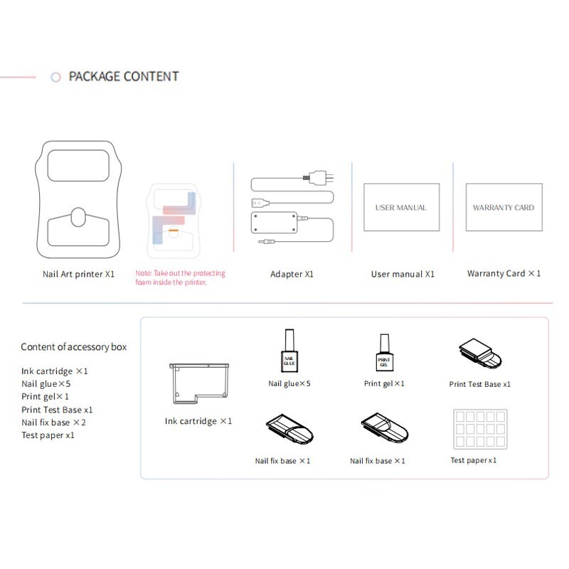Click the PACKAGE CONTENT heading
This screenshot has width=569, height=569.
click(x=124, y=77)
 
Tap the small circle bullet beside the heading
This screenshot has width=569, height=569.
click(x=55, y=77)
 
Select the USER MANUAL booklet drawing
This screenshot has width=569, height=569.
click(x=401, y=207)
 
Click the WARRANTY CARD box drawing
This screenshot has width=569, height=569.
click(x=504, y=207)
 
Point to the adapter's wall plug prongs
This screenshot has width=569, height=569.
click(x=329, y=178)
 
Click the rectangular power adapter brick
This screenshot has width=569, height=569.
click(x=275, y=223)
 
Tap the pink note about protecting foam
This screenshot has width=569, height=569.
click(x=181, y=277)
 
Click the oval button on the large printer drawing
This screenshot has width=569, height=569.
click(x=78, y=217)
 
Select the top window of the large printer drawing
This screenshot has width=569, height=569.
click(x=78, y=166)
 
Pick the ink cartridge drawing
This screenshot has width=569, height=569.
click(x=199, y=383)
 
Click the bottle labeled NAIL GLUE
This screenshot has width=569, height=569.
click(x=289, y=351)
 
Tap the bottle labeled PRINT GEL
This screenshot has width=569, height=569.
click(x=384, y=352)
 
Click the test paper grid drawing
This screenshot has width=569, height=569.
click(x=480, y=430)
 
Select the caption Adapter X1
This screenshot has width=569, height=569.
click(x=292, y=275)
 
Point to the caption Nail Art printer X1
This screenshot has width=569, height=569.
click(x=78, y=275)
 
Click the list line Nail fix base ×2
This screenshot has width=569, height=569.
click(x=54, y=422)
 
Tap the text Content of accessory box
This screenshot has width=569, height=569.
click(x=74, y=347)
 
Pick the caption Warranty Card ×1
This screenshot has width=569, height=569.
click(x=504, y=274)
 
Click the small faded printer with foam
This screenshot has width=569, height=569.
click(x=174, y=221)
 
